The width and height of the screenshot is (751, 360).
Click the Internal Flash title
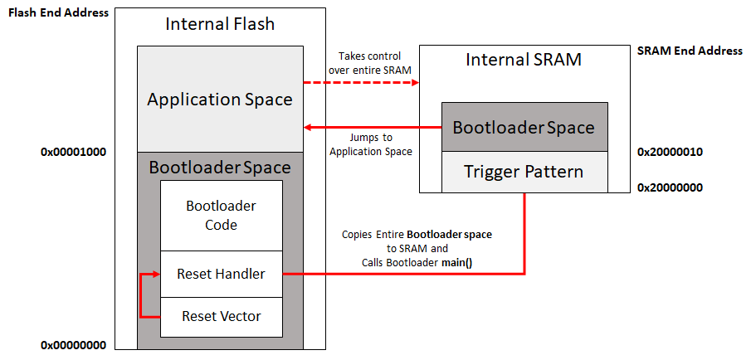[220, 23]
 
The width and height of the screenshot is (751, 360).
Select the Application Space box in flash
[220, 100]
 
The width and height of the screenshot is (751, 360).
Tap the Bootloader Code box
[222, 215]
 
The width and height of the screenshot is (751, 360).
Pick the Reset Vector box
[222, 316]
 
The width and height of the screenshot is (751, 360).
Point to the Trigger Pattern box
[524, 172]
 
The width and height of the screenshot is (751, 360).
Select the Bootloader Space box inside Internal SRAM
[524, 127]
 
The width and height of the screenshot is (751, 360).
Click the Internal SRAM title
[524, 60]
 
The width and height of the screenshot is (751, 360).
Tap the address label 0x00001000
[76, 153]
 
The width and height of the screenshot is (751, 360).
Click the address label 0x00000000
[76, 345]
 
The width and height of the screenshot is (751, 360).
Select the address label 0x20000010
[671, 153]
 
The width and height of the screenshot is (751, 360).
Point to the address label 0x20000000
[671, 187]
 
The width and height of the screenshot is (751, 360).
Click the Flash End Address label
[58, 12]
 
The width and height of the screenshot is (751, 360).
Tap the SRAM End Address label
[690, 51]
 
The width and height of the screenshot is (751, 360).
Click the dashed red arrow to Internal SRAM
[361, 82]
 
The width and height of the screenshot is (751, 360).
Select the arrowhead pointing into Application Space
[309, 127]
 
